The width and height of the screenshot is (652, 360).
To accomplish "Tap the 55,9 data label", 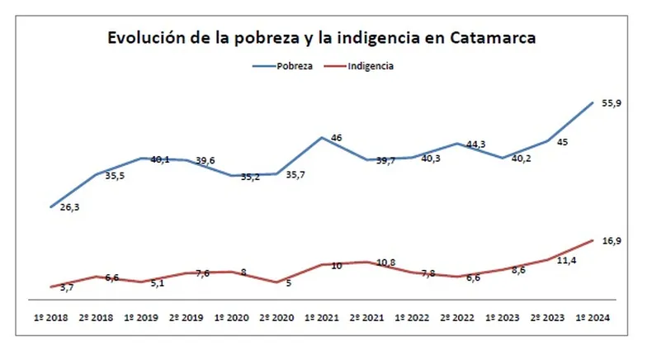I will [x=611, y=102].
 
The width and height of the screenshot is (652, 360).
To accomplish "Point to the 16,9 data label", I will [x=611, y=240].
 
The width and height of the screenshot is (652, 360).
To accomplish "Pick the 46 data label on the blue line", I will [x=337, y=138].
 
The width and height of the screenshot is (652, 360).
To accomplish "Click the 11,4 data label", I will [x=566, y=259].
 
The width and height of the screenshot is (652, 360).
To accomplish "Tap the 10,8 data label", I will [x=385, y=263].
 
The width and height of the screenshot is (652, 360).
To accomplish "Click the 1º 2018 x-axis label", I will [x=51, y=318].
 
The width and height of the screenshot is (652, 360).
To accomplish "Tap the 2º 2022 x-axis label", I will [x=456, y=318].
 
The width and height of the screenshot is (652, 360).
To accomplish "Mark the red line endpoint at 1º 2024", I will [x=593, y=239].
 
